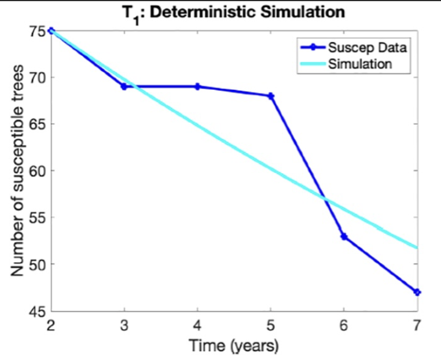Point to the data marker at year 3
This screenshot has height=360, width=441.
tap(124, 86)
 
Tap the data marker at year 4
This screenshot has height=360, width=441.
tap(197, 86)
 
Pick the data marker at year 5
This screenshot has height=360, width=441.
tap(271, 95)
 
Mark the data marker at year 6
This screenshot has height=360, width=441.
tap(344, 236)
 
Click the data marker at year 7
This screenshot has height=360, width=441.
tap(417, 292)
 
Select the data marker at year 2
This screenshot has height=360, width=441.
tap(51, 31)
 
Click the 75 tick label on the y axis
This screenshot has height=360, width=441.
tap(38, 31)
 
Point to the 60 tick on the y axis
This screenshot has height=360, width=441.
tap(38, 171)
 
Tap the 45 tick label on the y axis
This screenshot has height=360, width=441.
tap(38, 311)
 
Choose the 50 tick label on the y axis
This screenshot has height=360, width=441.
tap(38, 265)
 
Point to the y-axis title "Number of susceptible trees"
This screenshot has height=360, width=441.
tap(17, 171)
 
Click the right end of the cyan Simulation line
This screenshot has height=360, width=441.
tap(416, 248)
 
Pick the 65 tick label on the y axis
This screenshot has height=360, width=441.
tap(38, 124)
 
